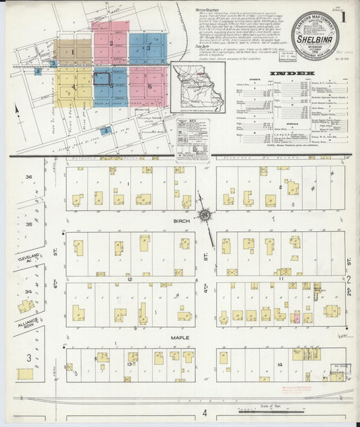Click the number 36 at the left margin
click(29, 177)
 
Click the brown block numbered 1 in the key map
click(74, 52)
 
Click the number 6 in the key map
click(149, 86)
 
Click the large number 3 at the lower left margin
click(28, 357)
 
